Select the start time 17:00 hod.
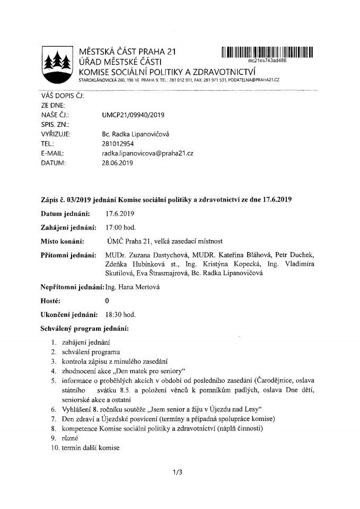121,227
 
